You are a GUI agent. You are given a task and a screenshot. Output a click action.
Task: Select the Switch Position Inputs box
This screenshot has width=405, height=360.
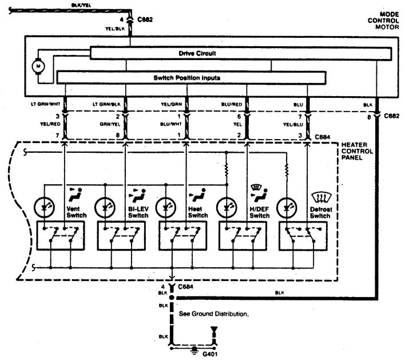(x=192, y=77)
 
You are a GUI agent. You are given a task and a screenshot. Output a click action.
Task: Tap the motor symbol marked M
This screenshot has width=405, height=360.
(x=39, y=66)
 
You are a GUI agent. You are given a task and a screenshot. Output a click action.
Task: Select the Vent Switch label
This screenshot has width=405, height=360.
(x=77, y=212)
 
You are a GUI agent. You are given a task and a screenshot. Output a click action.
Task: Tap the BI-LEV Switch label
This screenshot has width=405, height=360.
(x=138, y=212)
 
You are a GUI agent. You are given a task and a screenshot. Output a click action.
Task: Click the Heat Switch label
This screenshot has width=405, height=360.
(x=198, y=212)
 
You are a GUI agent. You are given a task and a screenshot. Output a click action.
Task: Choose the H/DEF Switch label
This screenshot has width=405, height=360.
(x=259, y=212)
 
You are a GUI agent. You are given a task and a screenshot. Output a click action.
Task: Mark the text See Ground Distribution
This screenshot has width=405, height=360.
(x=214, y=314)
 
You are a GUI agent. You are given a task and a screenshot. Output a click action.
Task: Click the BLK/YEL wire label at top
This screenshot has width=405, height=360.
(x=80, y=5)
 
